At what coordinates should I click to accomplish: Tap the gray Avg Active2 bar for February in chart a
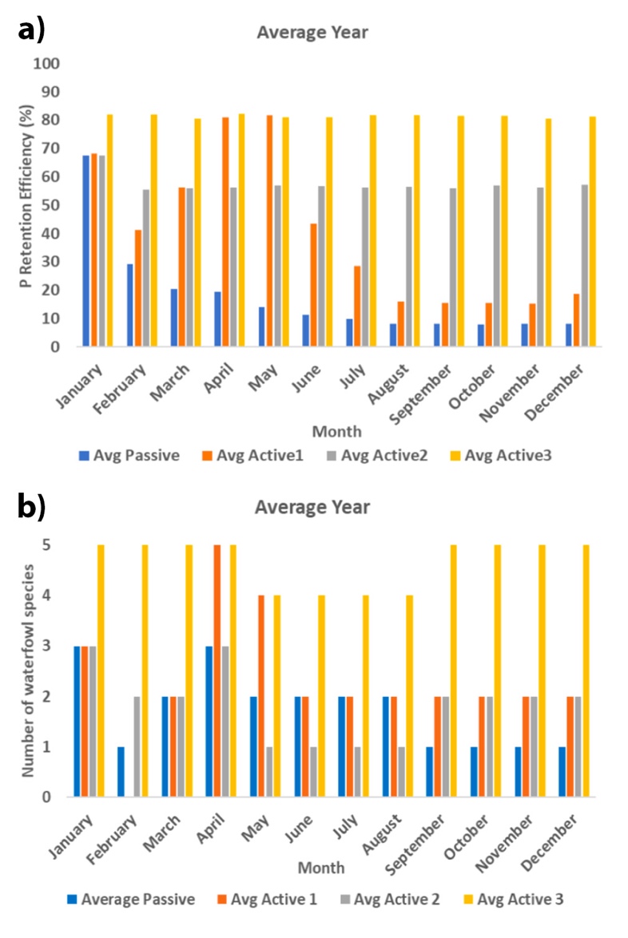click(x=145, y=268)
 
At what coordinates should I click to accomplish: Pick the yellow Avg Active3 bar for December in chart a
click(x=592, y=232)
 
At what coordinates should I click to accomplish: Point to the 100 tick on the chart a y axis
click(x=49, y=63)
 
